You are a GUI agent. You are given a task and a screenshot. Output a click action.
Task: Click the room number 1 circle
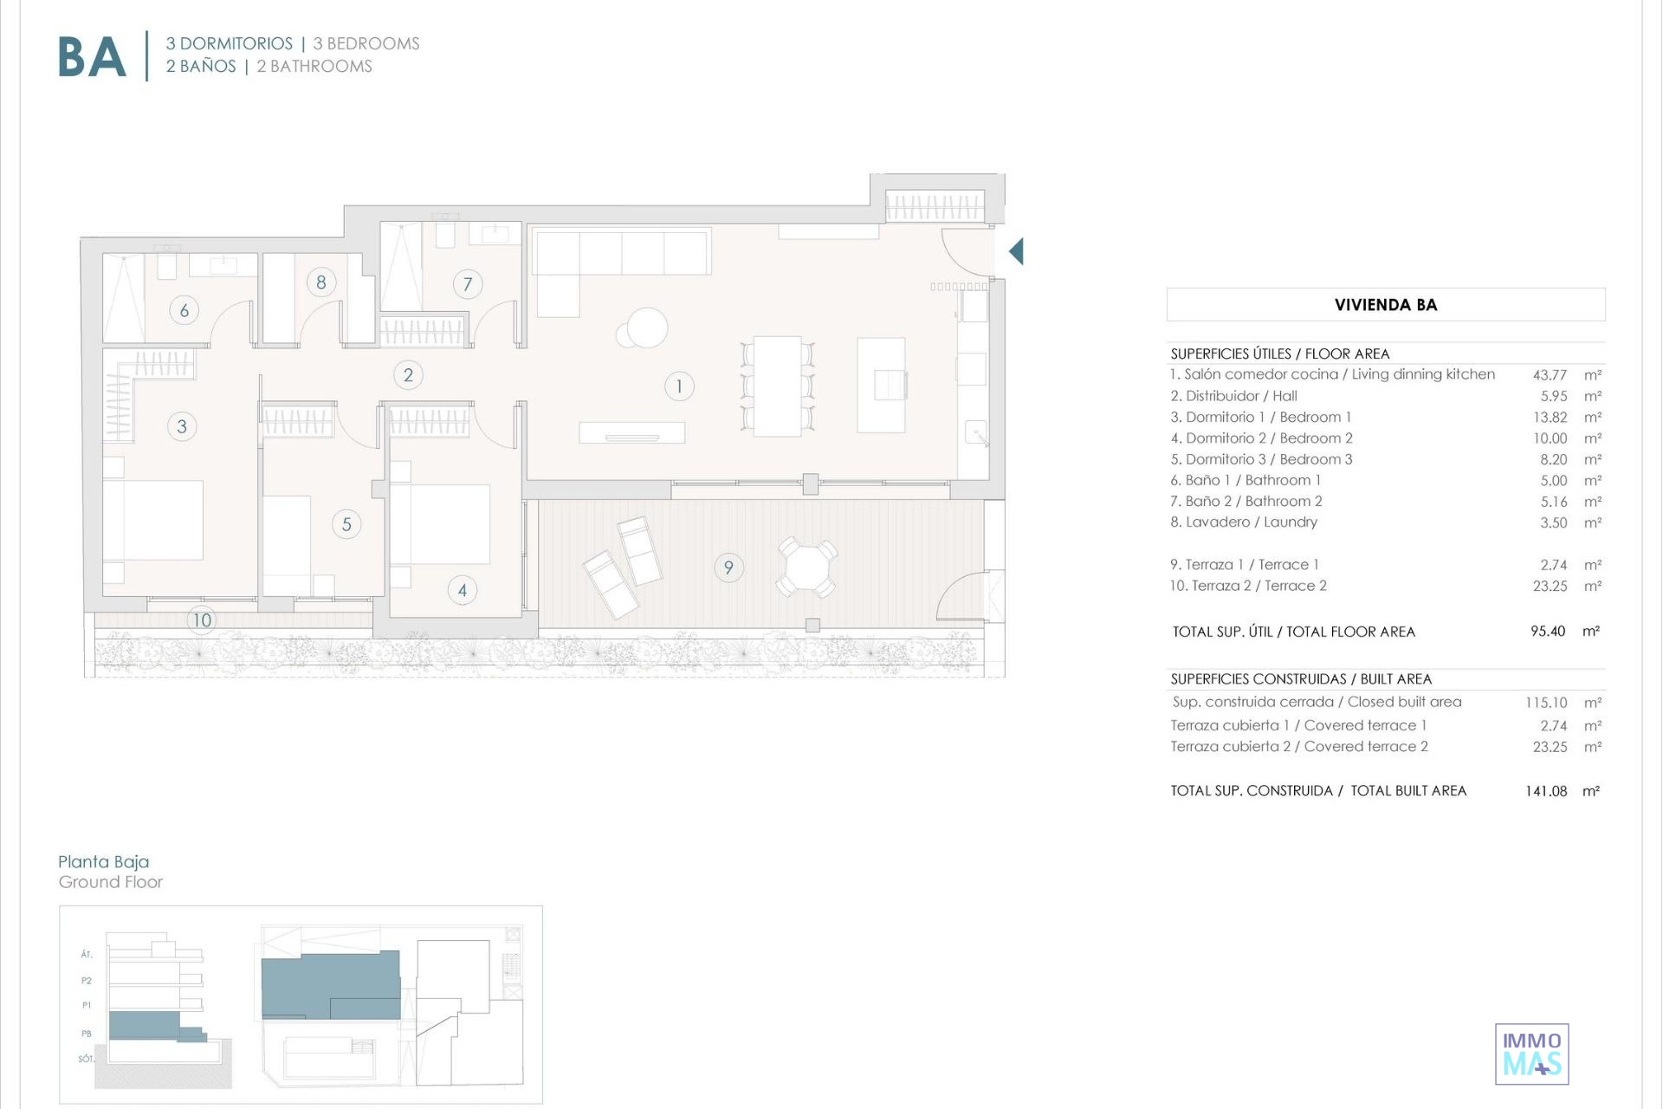(679, 386)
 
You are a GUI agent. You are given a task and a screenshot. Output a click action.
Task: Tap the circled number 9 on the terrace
(728, 567)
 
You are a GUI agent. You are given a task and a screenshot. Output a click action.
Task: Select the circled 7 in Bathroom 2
(468, 283)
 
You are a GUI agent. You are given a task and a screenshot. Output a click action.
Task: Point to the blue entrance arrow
(1016, 251)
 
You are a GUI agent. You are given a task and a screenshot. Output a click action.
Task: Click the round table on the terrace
(806, 567)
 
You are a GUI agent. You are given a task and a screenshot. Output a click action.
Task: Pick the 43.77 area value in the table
(1550, 375)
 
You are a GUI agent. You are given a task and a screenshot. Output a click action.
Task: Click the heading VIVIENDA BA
(1386, 305)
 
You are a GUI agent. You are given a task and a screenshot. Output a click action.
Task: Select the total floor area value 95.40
(1548, 632)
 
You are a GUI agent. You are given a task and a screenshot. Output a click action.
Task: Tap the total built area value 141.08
(1546, 791)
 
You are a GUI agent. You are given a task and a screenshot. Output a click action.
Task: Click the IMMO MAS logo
(1532, 1054)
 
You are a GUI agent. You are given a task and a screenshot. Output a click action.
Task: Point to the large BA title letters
(92, 57)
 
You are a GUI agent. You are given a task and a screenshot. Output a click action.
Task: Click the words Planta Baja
(104, 861)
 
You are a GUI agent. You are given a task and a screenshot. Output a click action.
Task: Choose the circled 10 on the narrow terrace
(202, 619)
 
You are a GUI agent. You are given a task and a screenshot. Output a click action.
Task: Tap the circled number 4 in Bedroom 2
(462, 590)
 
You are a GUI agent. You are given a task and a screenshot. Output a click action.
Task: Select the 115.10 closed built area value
(1546, 703)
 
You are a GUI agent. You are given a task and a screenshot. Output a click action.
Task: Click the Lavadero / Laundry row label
(1244, 522)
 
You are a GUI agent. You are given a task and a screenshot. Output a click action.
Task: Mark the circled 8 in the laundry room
(321, 282)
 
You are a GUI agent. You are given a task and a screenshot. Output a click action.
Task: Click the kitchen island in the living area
(882, 385)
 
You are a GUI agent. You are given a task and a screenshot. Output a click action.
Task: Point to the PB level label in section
(87, 1034)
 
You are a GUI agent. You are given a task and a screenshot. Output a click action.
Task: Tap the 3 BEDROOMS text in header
(366, 43)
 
